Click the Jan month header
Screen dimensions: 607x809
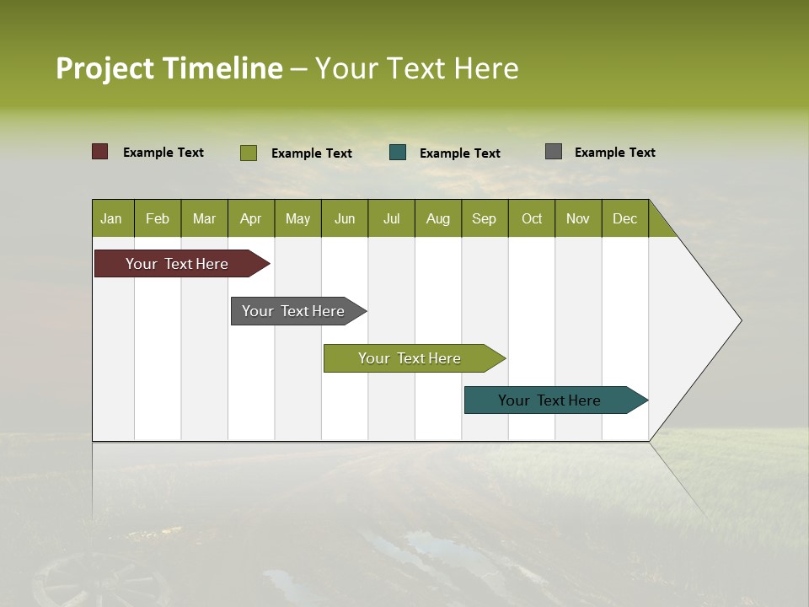(x=112, y=218)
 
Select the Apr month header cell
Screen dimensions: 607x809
(x=251, y=218)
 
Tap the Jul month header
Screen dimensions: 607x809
(x=391, y=218)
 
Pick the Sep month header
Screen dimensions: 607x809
(x=485, y=218)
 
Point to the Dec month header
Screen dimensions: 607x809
(x=624, y=218)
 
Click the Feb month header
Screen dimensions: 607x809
(x=158, y=218)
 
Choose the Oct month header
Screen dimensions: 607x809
(x=532, y=218)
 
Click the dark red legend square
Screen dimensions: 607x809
(x=100, y=152)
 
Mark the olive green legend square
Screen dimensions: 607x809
(x=249, y=153)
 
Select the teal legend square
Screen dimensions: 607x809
(x=398, y=153)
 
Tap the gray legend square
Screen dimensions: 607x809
(x=554, y=152)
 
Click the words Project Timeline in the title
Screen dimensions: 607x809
(x=169, y=68)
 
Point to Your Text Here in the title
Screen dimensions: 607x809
(x=417, y=68)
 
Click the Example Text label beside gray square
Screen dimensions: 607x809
(x=614, y=153)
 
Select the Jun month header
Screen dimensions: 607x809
(x=345, y=218)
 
